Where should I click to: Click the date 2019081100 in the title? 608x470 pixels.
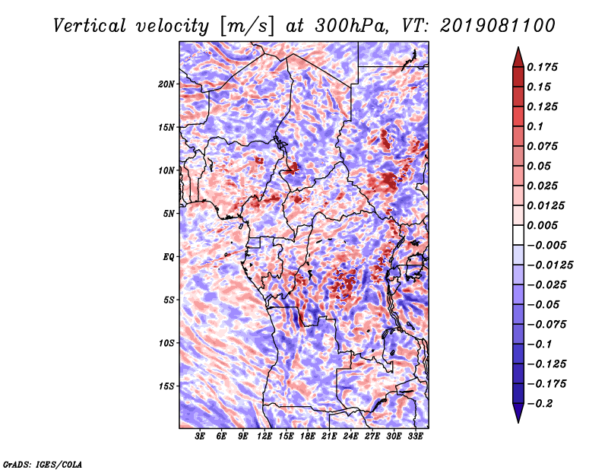492,25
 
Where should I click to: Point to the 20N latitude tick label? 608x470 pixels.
166,84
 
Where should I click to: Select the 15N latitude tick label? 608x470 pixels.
166,127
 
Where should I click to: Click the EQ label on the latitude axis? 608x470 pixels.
169,256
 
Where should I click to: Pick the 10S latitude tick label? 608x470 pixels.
166,342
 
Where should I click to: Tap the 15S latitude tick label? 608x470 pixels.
166,386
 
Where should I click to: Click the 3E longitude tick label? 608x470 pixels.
201,437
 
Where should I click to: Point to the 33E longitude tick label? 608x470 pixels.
415,437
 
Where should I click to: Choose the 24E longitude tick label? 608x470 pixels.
350,437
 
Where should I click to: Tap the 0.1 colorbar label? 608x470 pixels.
537,126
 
